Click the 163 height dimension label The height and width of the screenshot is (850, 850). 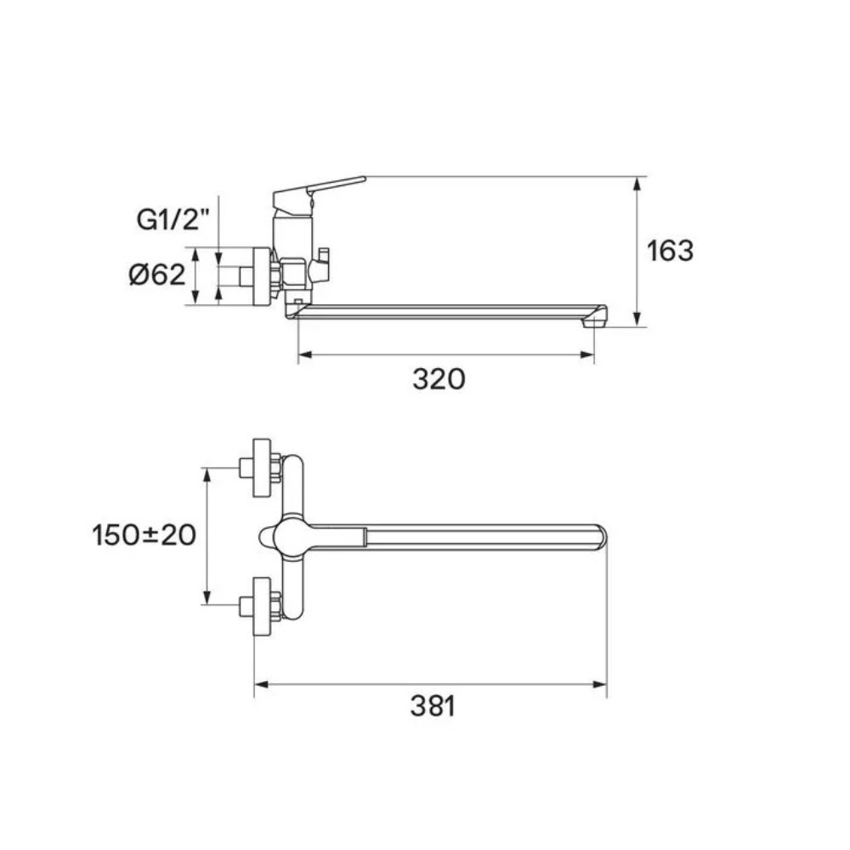[670, 251]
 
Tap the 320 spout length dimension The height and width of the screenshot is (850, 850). [439, 379]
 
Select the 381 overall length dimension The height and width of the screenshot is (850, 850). [433, 705]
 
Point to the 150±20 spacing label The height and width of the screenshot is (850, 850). [144, 535]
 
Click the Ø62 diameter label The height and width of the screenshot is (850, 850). [157, 275]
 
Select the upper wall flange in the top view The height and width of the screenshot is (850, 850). [262, 467]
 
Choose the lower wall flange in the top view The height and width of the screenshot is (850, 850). [262, 606]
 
